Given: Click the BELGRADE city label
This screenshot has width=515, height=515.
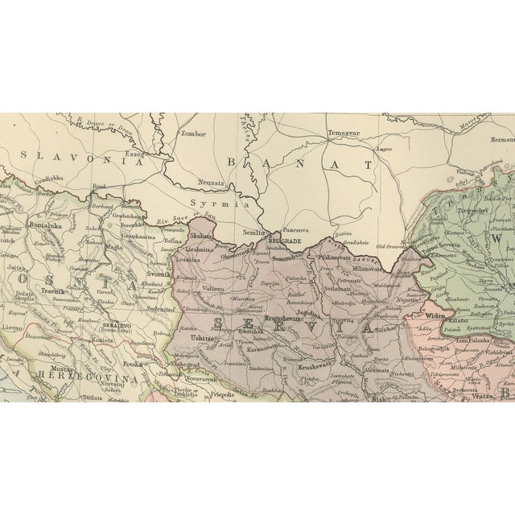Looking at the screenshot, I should tap(284, 241).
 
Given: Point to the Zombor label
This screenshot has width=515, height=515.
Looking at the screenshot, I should tap(194, 134).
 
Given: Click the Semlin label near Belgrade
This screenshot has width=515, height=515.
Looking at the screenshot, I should tap(254, 232).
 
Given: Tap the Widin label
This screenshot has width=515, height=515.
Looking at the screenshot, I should tap(435, 317).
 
